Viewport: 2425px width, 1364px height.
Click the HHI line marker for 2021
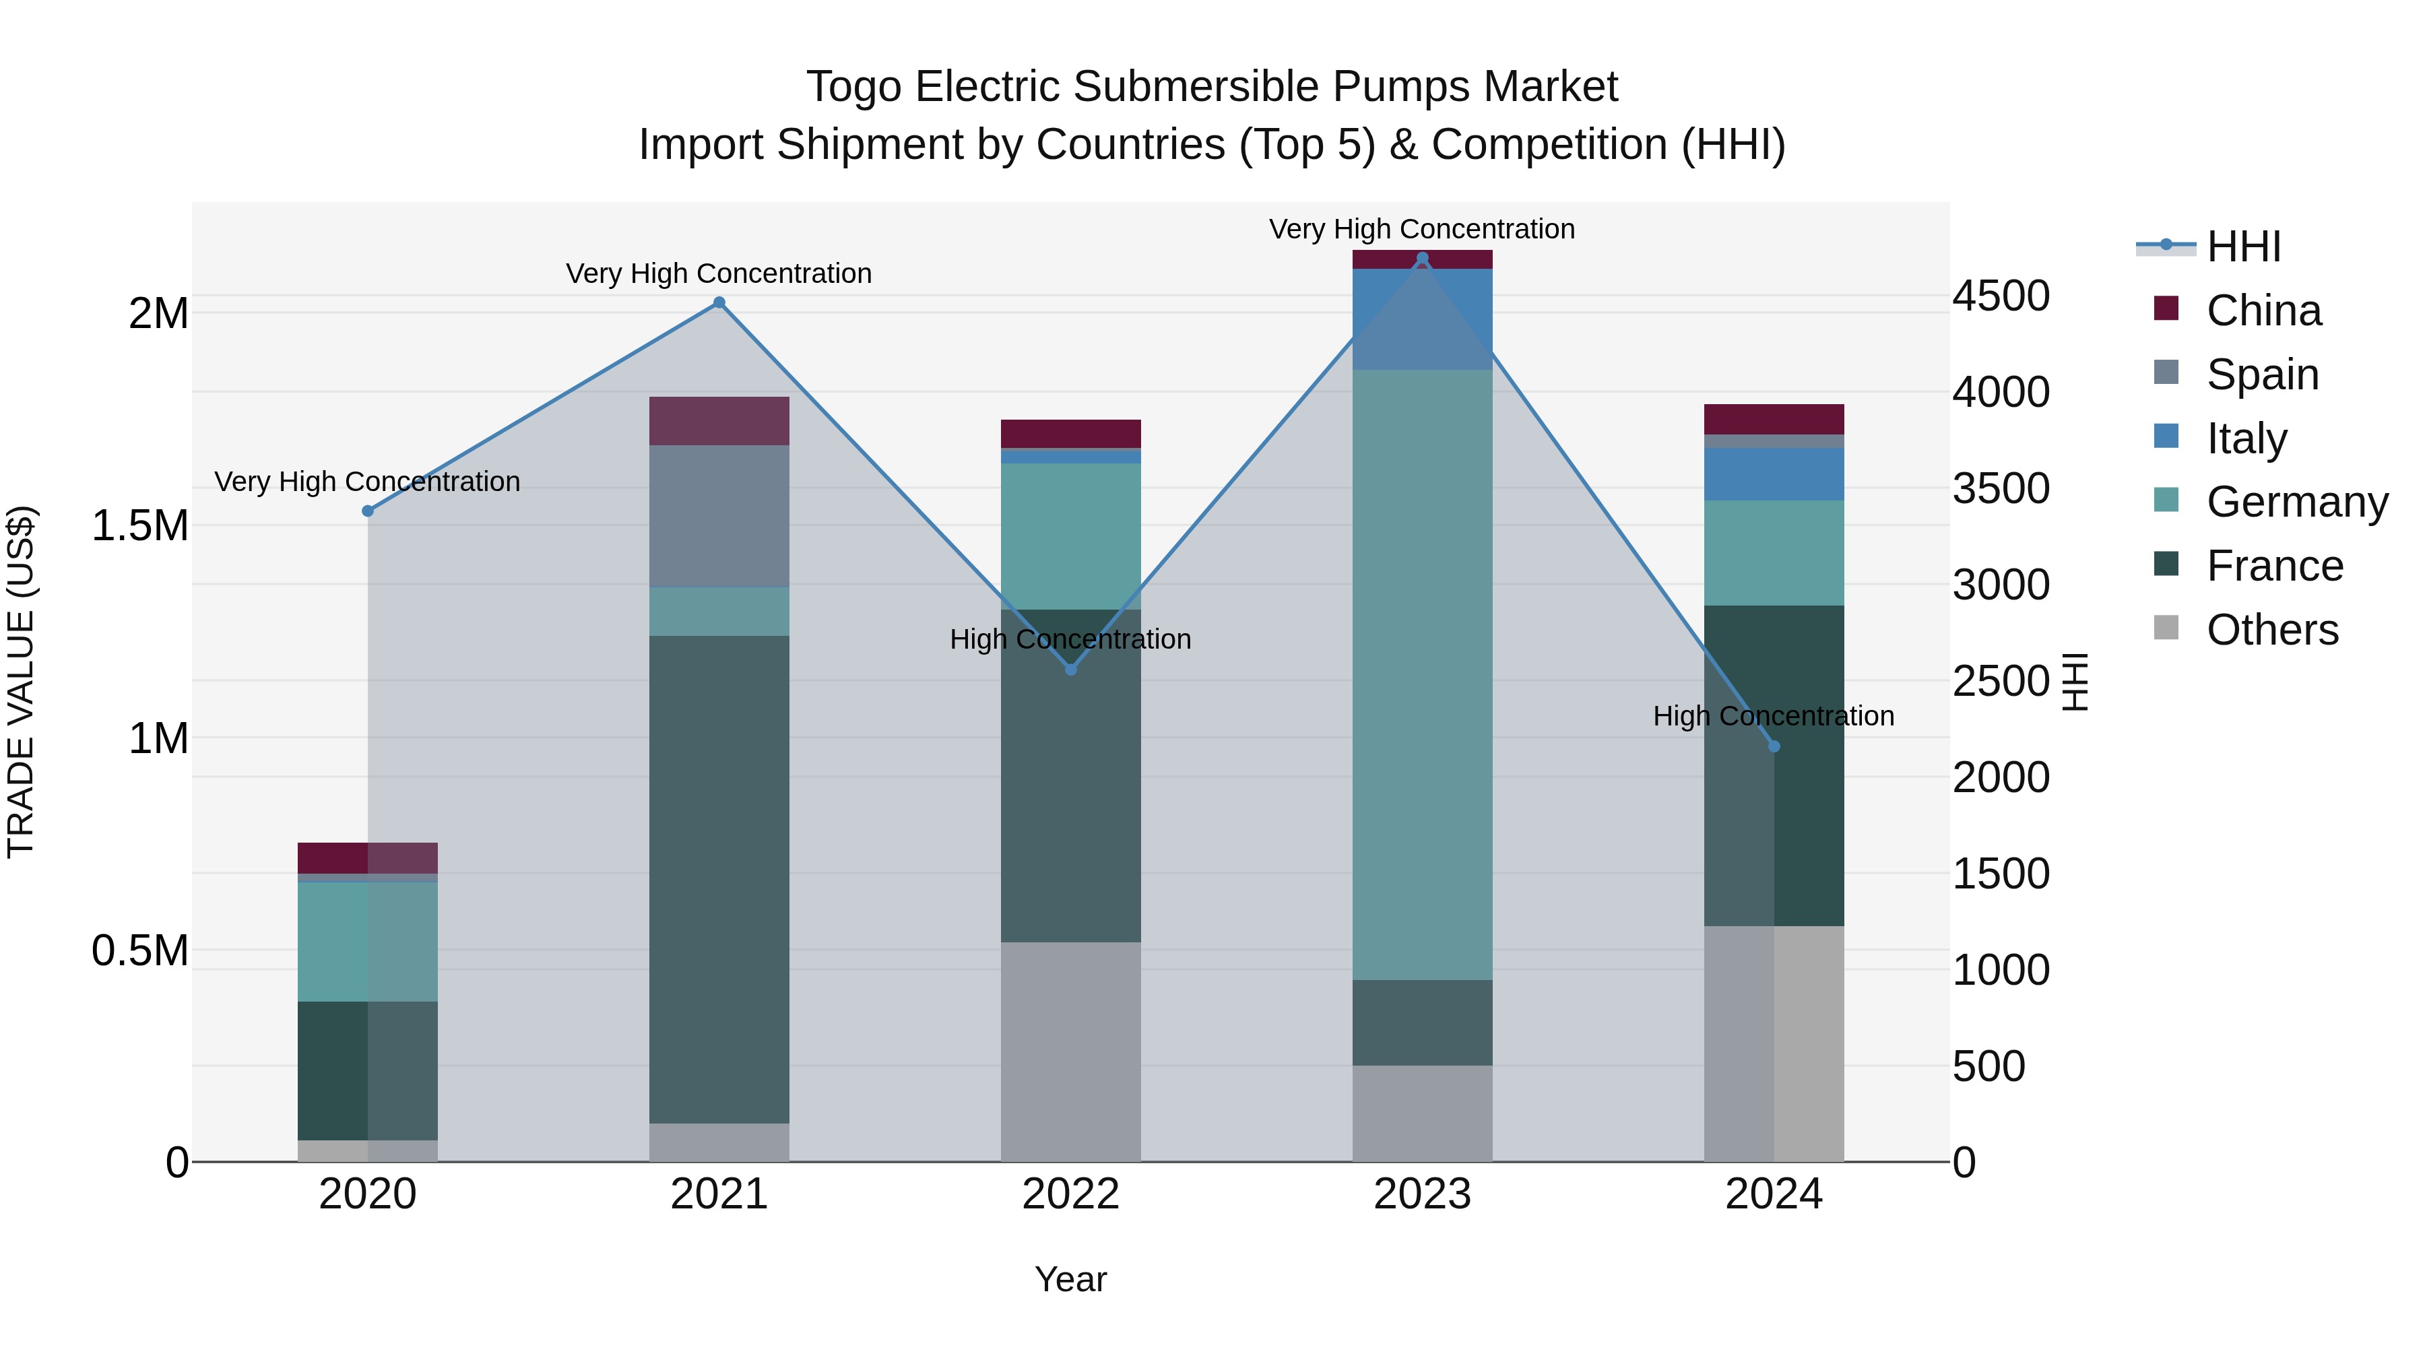[719, 302]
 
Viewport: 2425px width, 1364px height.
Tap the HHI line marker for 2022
[1070, 670]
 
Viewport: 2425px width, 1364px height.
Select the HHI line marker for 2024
[1774, 746]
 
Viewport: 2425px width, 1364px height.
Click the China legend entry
[2263, 311]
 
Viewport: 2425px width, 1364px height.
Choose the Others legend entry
[2271, 630]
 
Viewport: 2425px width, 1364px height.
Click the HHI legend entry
[2243, 247]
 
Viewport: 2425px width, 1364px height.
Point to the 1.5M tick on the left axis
[139, 525]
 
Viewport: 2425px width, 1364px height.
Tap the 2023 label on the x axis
[1421, 1194]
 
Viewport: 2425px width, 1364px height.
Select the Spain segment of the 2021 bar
[719, 516]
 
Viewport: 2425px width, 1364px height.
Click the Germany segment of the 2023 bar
[1421, 674]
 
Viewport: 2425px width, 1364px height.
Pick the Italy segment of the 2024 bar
[1774, 474]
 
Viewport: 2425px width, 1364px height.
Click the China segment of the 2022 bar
[1070, 433]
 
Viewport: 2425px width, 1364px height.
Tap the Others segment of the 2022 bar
[1070, 1051]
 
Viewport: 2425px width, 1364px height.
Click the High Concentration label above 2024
[1774, 717]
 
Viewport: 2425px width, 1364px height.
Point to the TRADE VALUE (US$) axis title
[21, 682]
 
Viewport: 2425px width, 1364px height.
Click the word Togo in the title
[853, 87]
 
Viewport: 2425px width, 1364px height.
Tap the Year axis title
[1070, 1279]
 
